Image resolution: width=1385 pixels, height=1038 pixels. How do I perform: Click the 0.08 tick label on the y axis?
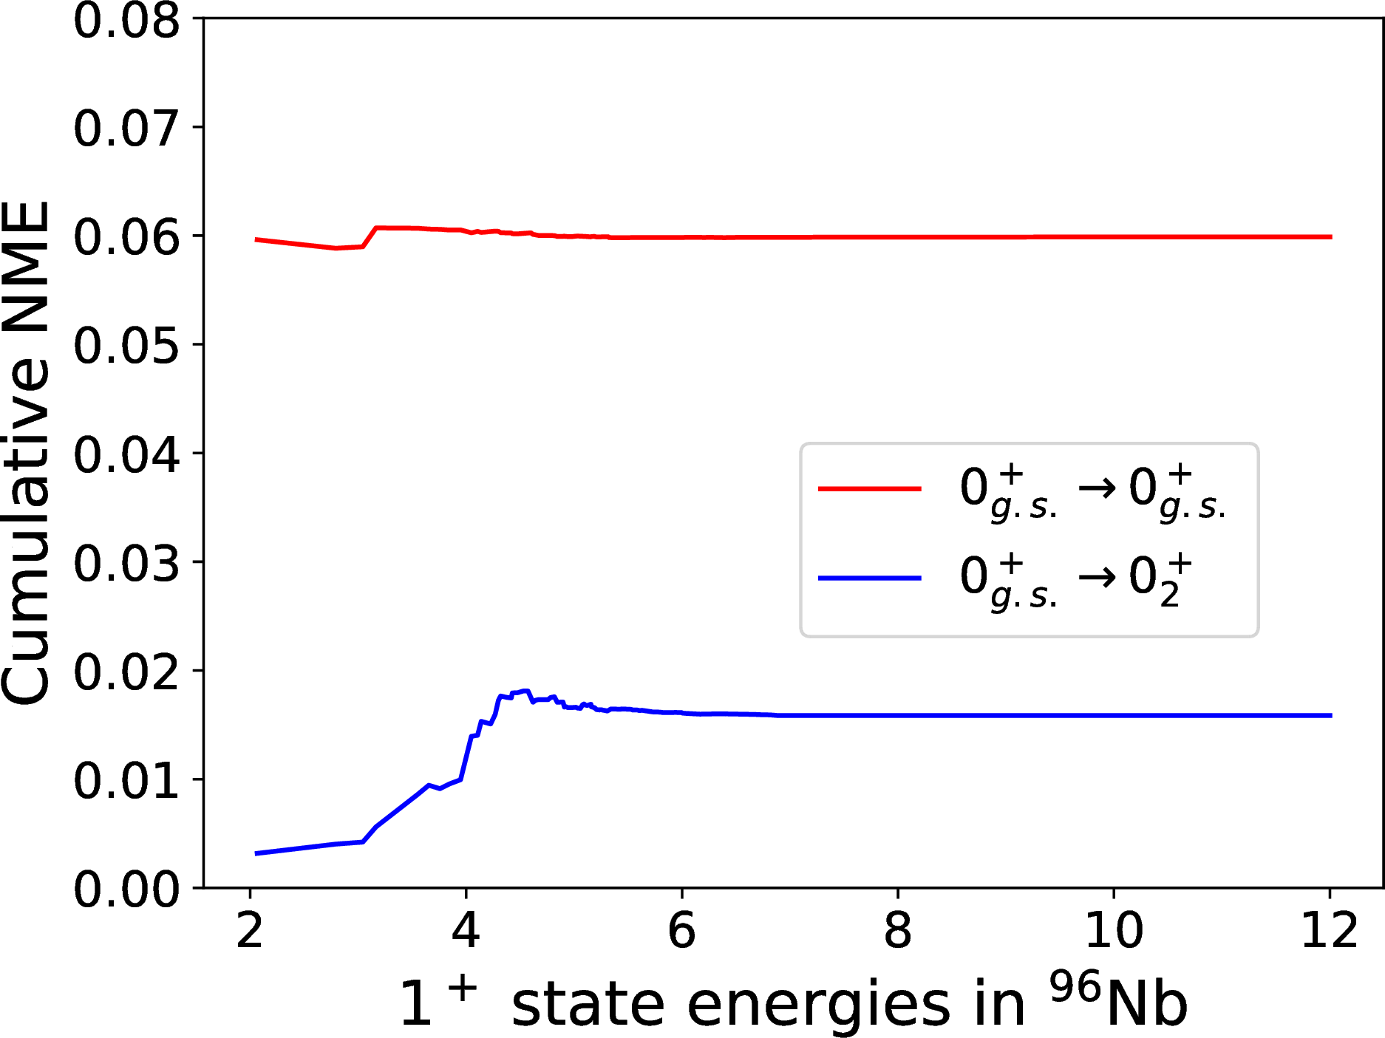click(x=126, y=21)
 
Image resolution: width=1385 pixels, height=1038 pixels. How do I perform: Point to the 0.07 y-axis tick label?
click(x=126, y=128)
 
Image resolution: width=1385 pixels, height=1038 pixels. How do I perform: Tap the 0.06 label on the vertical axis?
click(x=126, y=236)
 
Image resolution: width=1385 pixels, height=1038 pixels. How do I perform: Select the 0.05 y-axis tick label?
click(x=126, y=345)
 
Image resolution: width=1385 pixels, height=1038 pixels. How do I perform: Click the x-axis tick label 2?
click(x=250, y=930)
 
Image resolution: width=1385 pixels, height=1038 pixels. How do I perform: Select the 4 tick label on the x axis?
click(x=466, y=930)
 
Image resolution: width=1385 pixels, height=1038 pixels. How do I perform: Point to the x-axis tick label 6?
click(x=681, y=930)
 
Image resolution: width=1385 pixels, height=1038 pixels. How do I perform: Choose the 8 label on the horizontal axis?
click(x=898, y=930)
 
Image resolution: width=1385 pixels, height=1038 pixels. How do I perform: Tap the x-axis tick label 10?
click(x=1114, y=930)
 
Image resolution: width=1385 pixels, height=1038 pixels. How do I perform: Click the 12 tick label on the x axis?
click(x=1330, y=930)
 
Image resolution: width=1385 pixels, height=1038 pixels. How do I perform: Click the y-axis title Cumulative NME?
click(x=26, y=453)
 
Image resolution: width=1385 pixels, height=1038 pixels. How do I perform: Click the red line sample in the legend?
click(x=870, y=488)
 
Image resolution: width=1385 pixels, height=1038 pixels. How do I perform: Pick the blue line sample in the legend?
click(x=870, y=578)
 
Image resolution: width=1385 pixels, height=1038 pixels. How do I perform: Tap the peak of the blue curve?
click(x=526, y=691)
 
